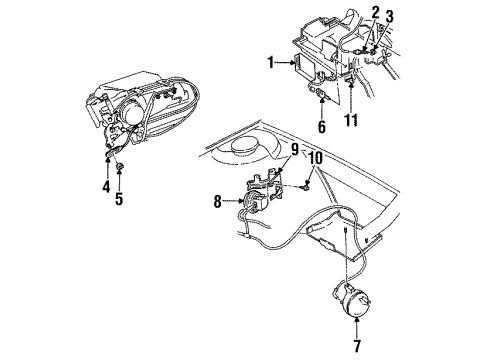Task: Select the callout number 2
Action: [375, 12]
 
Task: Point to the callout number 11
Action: [349, 122]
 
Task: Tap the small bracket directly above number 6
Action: [321, 97]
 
